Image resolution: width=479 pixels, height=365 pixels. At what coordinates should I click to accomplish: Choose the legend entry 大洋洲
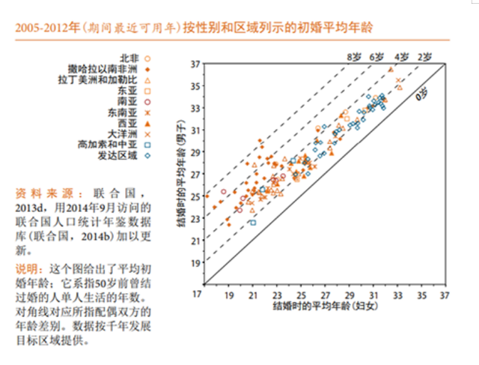pyautogui.click(x=123, y=133)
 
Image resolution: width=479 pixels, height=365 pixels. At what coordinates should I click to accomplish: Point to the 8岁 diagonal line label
pyautogui.click(x=353, y=57)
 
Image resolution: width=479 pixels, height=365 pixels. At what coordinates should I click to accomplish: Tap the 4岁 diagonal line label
pyautogui.click(x=402, y=57)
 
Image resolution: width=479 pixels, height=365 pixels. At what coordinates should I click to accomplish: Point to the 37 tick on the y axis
pyautogui.click(x=195, y=64)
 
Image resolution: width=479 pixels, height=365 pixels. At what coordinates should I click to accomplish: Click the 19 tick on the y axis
pyautogui.click(x=195, y=263)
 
